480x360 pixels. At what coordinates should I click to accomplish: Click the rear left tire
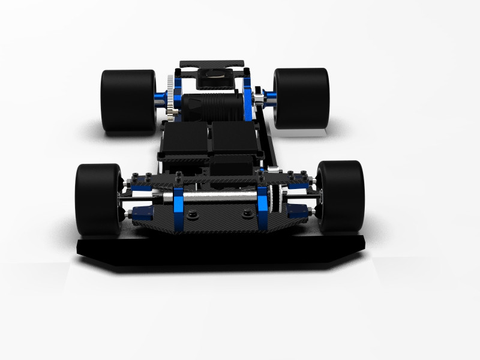coord(128,100)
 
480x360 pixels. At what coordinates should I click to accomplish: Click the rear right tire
coord(301,98)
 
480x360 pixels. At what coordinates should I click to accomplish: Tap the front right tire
coord(340,197)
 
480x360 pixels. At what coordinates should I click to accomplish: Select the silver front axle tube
coord(219,197)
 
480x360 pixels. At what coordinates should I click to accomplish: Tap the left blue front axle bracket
coord(178,207)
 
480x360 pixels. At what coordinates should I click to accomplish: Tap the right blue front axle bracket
coord(263,207)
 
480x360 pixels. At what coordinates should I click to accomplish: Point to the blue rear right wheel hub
coord(268,97)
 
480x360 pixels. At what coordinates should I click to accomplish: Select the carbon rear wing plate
coord(212,63)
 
